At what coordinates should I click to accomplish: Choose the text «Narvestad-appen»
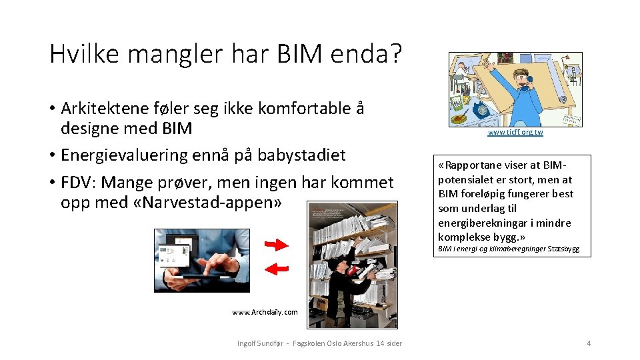[x=211, y=202]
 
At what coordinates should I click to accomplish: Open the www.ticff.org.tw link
[x=515, y=133]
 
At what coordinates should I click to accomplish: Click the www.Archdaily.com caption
[x=265, y=312]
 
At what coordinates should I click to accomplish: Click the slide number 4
[x=589, y=343]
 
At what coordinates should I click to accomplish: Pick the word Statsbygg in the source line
[x=563, y=249]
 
